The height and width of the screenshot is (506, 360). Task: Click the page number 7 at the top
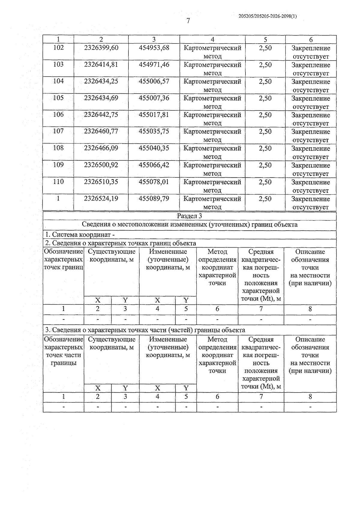(188, 21)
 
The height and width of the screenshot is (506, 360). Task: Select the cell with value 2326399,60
(101, 48)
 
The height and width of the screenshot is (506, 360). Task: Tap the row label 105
(58, 98)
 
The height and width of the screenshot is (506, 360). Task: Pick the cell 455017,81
(154, 115)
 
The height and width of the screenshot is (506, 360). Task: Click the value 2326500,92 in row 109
(101, 165)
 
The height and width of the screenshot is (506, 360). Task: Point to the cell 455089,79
(154, 199)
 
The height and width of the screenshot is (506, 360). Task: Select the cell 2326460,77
(101, 131)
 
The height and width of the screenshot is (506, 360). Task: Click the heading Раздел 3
(189, 216)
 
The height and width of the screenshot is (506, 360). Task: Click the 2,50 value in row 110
(265, 182)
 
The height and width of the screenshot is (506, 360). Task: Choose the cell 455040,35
(154, 148)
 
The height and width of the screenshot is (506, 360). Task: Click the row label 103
(58, 65)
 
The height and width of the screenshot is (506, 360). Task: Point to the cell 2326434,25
(101, 81)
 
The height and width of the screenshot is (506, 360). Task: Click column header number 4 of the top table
(212, 39)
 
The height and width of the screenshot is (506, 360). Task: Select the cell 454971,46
(154, 65)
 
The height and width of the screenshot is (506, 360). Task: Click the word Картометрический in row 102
(212, 48)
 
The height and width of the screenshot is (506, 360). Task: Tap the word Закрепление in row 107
(310, 132)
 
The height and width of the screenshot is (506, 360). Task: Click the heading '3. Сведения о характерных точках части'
(145, 330)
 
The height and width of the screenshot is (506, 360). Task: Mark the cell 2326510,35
(101, 182)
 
